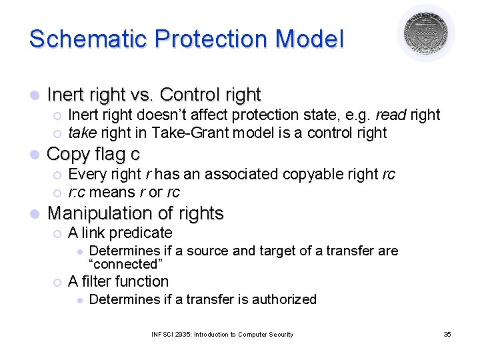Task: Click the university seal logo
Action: [x=426, y=33]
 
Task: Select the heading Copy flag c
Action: [x=93, y=154]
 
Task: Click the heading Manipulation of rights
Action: [x=135, y=213]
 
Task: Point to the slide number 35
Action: [x=447, y=334]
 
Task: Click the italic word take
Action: [x=82, y=133]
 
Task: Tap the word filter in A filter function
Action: [x=94, y=281]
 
